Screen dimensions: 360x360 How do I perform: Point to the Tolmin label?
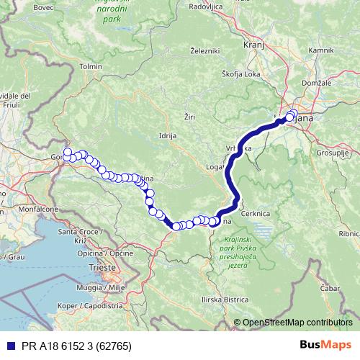pos(91,66)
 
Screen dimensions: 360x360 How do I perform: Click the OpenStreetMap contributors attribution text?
pos(297,323)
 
